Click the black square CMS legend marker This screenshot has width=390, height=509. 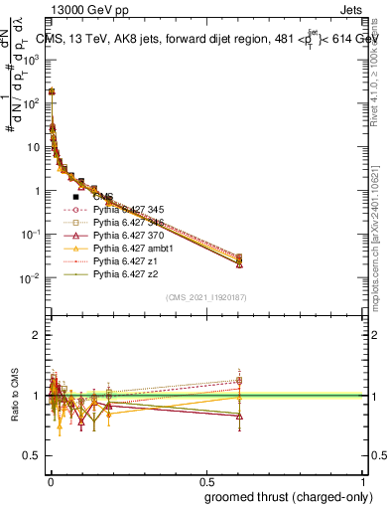click(75, 197)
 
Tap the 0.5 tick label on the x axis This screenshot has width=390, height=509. click(205, 480)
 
